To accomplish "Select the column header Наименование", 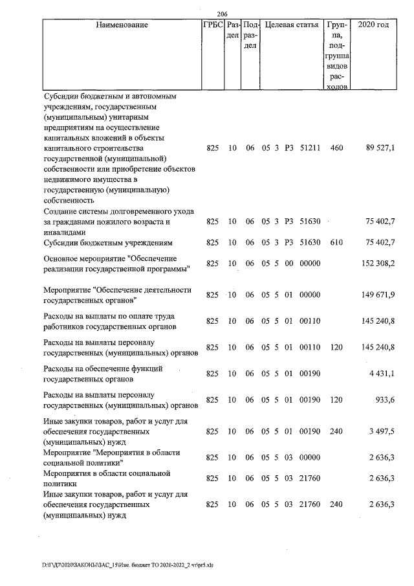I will (x=122, y=25).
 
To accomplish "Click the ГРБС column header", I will (x=213, y=25).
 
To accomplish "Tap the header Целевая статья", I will (x=292, y=25).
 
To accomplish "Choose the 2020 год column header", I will (x=378, y=25).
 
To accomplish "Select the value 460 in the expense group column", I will (x=336, y=148).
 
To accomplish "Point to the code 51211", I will (x=310, y=148).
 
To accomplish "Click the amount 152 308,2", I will (x=378, y=264).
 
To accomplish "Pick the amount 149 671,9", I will (x=378, y=295).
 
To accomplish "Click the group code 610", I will (x=336, y=243).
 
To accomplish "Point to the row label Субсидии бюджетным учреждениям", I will (x=108, y=243).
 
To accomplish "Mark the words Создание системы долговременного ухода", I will (x=107, y=212).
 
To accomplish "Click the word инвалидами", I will (x=64, y=232).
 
